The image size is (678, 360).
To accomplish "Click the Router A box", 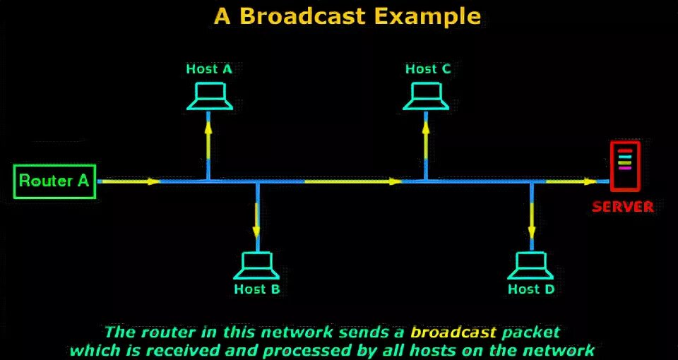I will (55, 181).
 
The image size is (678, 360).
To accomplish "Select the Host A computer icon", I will (210, 97).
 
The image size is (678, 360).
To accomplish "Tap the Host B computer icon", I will (258, 265).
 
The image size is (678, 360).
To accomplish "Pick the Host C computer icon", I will (427, 97).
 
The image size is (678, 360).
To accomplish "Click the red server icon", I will (624, 166).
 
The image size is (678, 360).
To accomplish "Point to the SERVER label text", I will (622, 207).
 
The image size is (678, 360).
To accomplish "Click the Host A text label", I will (209, 69).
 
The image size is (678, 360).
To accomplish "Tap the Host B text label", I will (257, 289).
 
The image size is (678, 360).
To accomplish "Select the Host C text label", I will (428, 69).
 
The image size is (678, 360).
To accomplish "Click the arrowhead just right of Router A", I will (153, 181).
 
